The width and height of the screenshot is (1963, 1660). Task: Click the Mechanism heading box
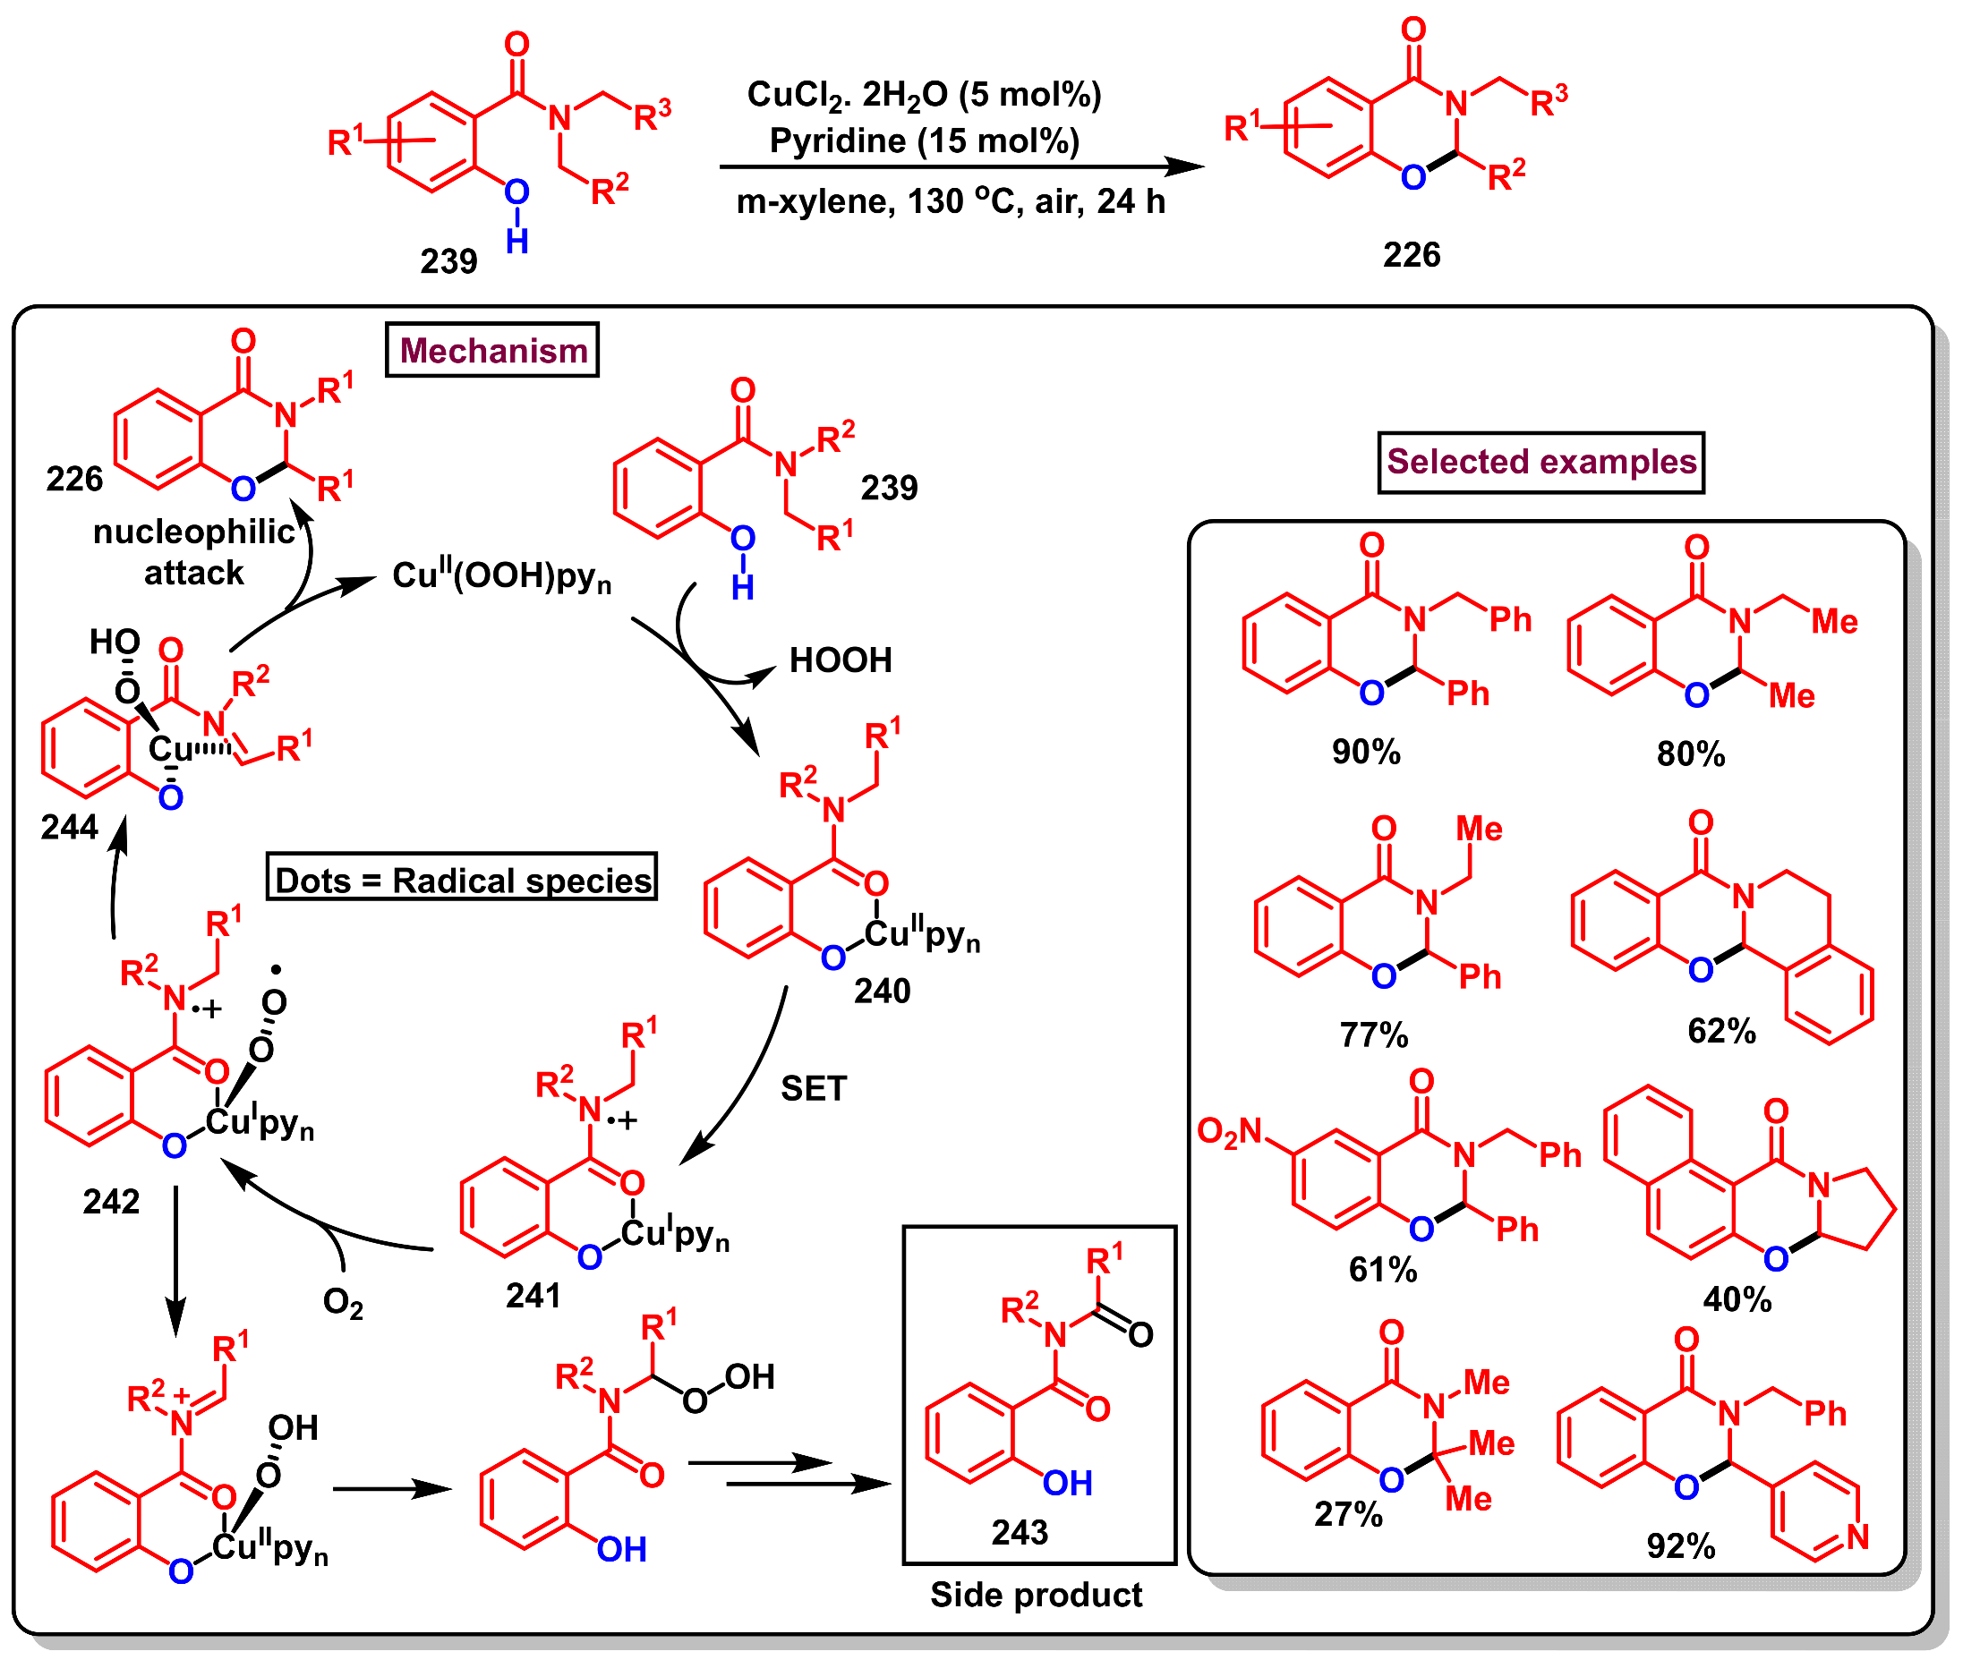click(x=492, y=350)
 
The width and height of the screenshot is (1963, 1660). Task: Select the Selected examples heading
click(x=1541, y=462)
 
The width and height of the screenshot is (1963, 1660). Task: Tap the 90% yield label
click(x=1365, y=752)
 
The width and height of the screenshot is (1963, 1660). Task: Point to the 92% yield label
click(x=1680, y=1545)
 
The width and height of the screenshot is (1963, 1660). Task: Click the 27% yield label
click(x=1347, y=1513)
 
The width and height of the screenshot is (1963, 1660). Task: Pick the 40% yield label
click(x=1737, y=1299)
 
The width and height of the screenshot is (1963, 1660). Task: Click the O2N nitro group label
click(x=1229, y=1131)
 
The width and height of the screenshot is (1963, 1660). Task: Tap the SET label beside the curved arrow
click(x=813, y=1089)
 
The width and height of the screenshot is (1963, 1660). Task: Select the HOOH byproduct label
click(x=841, y=660)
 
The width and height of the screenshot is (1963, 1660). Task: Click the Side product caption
click(x=1035, y=1594)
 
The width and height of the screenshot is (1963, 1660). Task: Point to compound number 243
click(x=1020, y=1532)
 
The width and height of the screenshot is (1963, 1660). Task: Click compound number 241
click(x=533, y=1296)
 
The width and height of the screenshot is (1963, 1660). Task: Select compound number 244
click(x=69, y=827)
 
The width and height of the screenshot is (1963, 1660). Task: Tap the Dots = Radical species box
click(x=462, y=880)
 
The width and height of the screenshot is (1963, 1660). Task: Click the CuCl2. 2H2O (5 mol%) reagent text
click(x=923, y=94)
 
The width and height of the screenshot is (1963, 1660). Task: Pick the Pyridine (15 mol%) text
click(x=924, y=141)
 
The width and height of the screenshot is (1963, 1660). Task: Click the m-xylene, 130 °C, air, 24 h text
click(x=951, y=201)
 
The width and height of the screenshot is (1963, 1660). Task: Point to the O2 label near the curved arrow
click(x=343, y=1302)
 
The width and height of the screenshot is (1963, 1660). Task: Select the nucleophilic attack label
click(x=194, y=552)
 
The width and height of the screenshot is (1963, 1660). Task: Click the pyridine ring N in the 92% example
click(x=1856, y=1537)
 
